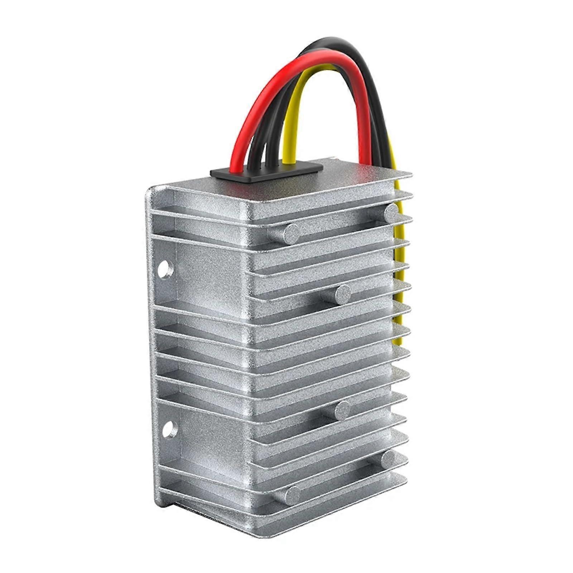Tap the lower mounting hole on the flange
(169, 429)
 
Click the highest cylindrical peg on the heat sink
(391, 213)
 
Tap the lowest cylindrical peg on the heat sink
(292, 495)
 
